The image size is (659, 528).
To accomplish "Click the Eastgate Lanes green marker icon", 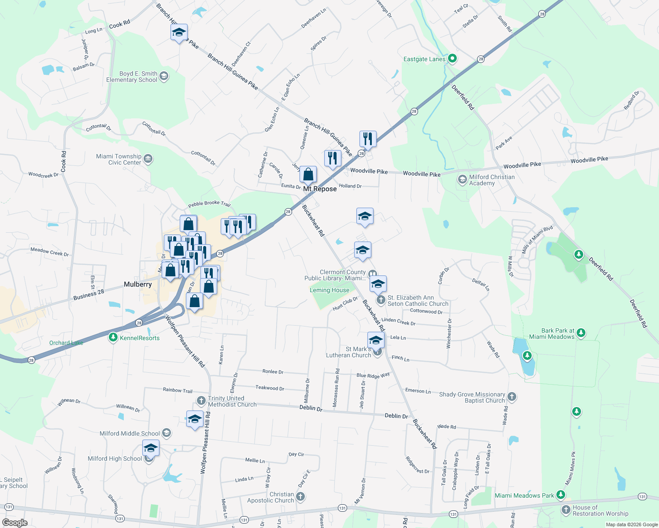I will click(452, 59).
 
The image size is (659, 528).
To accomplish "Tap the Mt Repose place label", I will click(320, 189).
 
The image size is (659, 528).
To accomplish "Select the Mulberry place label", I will click(137, 284).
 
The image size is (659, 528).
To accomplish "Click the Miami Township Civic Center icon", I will click(148, 159).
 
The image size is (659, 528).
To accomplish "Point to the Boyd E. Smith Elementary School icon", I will click(164, 77).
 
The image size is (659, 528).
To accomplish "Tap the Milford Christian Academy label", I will click(492, 180).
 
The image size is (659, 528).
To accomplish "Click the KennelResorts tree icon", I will click(113, 337).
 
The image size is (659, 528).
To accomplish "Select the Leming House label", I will click(329, 290).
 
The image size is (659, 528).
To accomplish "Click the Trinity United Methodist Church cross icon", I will click(201, 400).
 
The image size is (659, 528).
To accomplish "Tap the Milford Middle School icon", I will click(167, 433).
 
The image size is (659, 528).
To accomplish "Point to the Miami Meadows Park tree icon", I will click(560, 495).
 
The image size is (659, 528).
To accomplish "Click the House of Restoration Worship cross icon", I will click(566, 510).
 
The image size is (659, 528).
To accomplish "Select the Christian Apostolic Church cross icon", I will click(300, 497).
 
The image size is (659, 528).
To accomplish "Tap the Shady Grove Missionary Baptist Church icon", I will click(511, 397).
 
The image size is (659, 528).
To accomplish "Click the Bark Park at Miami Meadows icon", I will click(581, 333).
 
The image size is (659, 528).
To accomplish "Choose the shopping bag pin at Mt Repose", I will click(308, 175).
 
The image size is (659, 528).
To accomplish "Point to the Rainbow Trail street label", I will click(178, 390).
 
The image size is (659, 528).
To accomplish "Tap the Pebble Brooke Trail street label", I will click(209, 204).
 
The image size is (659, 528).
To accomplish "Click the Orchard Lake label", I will click(66, 343).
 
